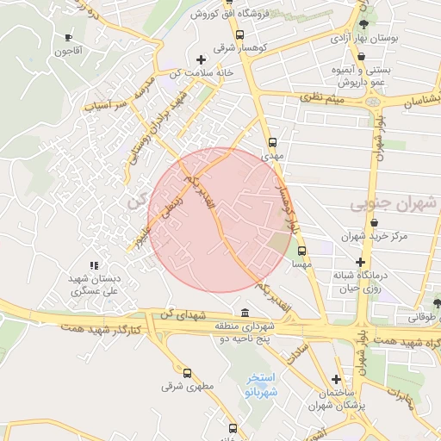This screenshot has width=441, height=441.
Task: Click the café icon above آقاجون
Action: click(69, 37)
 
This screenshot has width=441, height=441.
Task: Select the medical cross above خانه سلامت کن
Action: click(201, 59)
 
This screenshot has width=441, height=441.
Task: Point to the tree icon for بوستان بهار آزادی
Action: click(367, 25)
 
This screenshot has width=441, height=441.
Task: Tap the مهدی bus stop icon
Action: click(273, 143)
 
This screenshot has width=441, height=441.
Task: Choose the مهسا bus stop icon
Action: click(301, 252)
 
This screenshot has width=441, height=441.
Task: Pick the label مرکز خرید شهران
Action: click(372, 235)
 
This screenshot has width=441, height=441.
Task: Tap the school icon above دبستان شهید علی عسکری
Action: click(94, 265)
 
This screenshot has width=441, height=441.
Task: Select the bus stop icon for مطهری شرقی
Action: click(188, 373)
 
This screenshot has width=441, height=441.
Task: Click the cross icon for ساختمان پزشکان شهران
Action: click(336, 379)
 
